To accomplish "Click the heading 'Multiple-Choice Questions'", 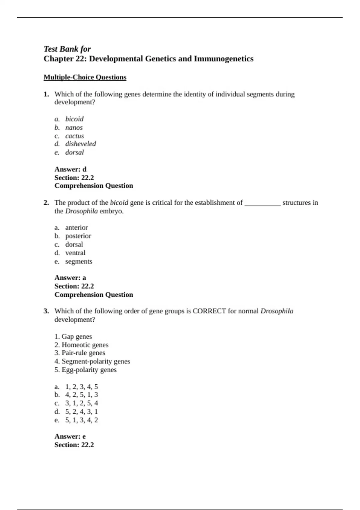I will (x=85, y=77).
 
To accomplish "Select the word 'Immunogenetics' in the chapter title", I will (x=223, y=59).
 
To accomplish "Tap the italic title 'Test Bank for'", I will (x=67, y=49).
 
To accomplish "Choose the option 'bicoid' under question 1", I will (x=74, y=119).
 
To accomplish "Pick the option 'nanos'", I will (x=74, y=127).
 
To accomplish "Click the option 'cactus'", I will (x=74, y=136).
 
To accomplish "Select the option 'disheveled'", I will (x=80, y=144).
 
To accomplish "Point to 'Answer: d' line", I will (x=70, y=169).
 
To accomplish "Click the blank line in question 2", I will (x=263, y=203).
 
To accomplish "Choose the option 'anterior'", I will (x=76, y=228).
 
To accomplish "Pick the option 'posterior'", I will (x=78, y=236).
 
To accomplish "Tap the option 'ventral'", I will (x=75, y=253).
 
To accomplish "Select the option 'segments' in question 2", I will (x=79, y=261).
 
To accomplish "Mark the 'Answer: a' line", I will (x=70, y=278).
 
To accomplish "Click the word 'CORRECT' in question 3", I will (x=209, y=311).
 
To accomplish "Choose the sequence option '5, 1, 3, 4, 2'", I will (x=82, y=420).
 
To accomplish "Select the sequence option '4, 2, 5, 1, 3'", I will (x=82, y=395).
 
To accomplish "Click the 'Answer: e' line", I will (x=70, y=436).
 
